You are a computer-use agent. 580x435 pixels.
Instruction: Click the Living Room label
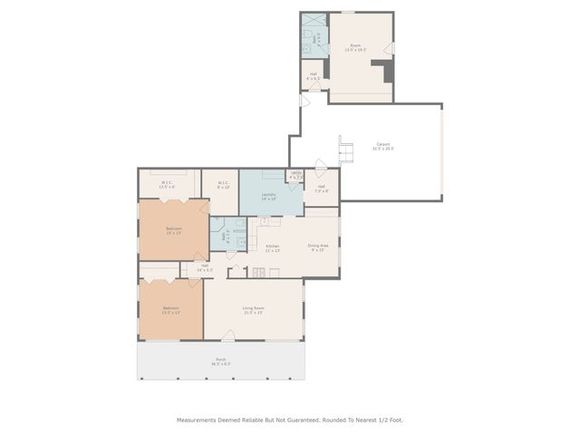253,311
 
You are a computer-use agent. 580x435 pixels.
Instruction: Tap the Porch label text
221,362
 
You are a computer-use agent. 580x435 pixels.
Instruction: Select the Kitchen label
271,248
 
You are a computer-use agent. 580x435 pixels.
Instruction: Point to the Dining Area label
316,247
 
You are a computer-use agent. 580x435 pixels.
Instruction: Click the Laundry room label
268,197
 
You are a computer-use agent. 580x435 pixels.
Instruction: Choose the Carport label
384,146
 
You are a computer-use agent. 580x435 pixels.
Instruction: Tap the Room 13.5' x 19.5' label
356,48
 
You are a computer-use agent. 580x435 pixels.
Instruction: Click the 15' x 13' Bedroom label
173,230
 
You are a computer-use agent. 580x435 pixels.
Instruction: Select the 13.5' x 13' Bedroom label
170,310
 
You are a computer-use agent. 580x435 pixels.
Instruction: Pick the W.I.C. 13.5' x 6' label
167,185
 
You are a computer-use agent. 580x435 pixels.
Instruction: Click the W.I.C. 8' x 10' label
223,185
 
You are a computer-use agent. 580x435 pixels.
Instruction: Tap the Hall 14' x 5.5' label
204,267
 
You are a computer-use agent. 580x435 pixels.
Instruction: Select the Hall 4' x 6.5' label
313,77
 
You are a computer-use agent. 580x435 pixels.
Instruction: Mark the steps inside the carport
345,147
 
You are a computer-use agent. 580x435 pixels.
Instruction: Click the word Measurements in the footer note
197,420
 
